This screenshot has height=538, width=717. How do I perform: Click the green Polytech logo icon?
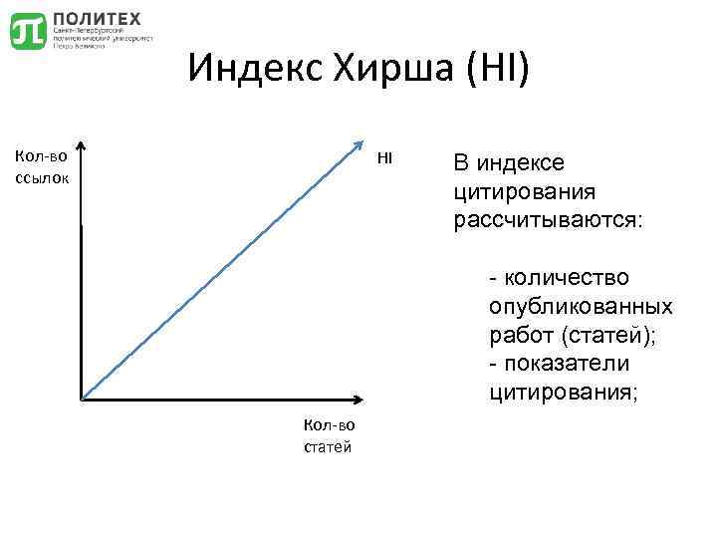(x=28, y=31)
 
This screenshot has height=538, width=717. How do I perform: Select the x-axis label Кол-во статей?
(x=328, y=436)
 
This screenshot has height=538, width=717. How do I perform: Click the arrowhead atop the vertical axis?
(x=81, y=147)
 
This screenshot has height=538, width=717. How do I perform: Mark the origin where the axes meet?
(x=81, y=401)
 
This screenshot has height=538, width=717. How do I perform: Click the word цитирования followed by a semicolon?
(x=562, y=393)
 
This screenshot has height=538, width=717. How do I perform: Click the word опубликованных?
(x=581, y=306)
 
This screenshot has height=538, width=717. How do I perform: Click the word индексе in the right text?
(x=522, y=162)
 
